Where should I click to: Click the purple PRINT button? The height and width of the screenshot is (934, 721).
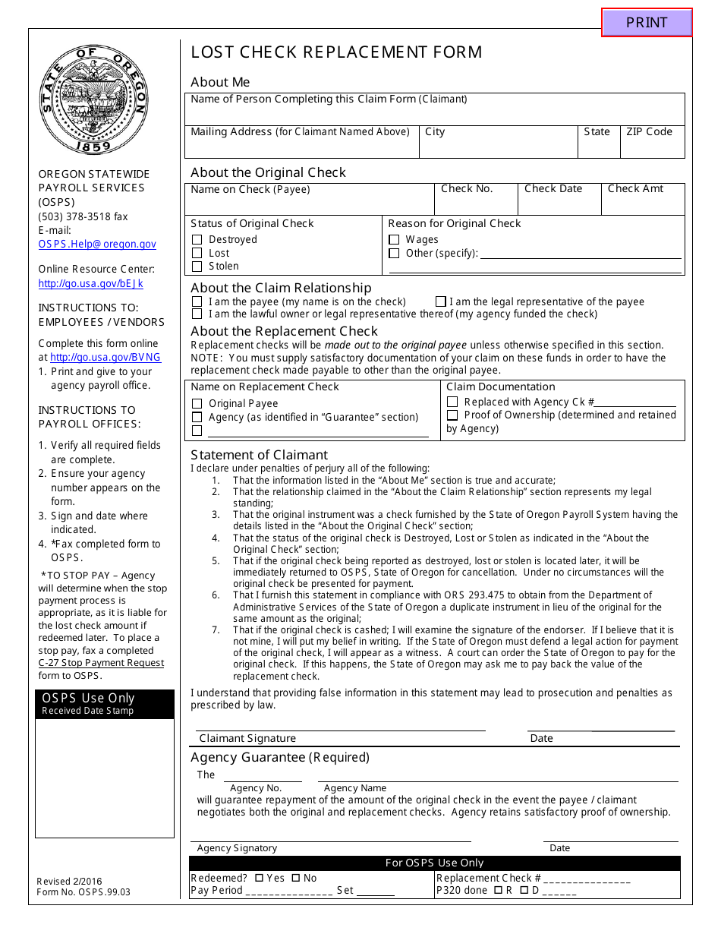647,23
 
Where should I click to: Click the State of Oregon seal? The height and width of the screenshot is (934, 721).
94,99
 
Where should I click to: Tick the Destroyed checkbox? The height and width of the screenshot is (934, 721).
197,240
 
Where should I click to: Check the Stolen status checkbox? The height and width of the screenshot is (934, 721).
197,267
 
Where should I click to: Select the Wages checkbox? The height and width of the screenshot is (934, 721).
394,240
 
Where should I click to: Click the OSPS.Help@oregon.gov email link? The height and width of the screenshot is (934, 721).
97,245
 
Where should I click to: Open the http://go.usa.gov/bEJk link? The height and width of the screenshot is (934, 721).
90,284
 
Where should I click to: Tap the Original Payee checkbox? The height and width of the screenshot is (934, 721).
197,404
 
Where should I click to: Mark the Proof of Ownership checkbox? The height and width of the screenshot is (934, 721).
452,415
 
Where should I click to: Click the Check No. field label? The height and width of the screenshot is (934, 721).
467,189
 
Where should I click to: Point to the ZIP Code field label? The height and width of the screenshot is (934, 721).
649,132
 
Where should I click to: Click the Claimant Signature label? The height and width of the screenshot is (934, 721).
247,739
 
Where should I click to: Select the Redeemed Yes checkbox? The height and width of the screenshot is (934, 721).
259,879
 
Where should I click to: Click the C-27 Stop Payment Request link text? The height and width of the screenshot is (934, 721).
101,663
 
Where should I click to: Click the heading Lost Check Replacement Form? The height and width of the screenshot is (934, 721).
336,52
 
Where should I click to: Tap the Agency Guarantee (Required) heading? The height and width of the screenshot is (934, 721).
280,758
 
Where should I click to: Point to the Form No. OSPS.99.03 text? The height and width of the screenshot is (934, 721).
83,892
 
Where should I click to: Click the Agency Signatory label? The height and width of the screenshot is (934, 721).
237,849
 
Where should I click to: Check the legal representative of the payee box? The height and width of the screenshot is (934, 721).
441,302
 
